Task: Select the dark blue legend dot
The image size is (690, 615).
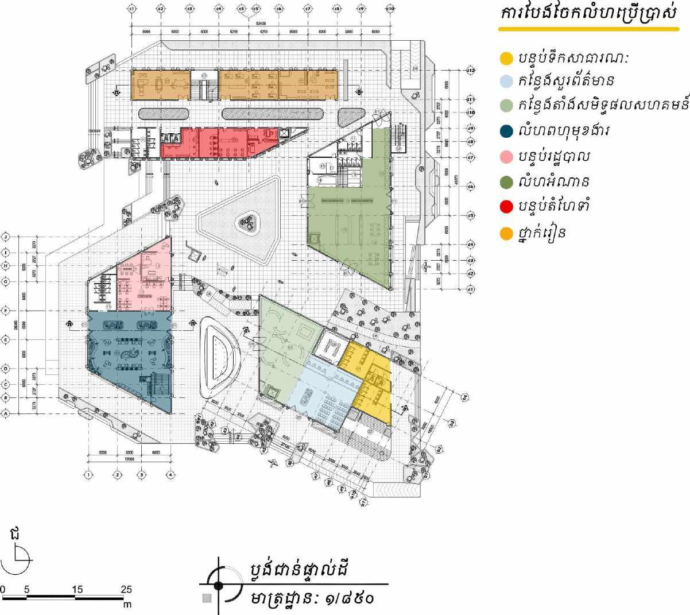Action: click(506, 131)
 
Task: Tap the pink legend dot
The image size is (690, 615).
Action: click(506, 156)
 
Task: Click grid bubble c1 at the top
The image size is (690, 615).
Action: click(131, 9)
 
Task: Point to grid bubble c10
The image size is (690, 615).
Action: click(390, 9)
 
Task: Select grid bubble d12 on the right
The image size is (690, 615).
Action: click(470, 70)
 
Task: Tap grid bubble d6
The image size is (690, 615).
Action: click(470, 187)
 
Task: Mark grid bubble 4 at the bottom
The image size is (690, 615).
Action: click(170, 475)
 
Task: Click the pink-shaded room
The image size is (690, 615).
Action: click(144, 276)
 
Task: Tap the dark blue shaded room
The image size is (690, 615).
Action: click(129, 356)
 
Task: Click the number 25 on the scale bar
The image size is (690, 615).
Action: click(126, 589)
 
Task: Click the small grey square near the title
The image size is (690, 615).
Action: click(207, 598)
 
